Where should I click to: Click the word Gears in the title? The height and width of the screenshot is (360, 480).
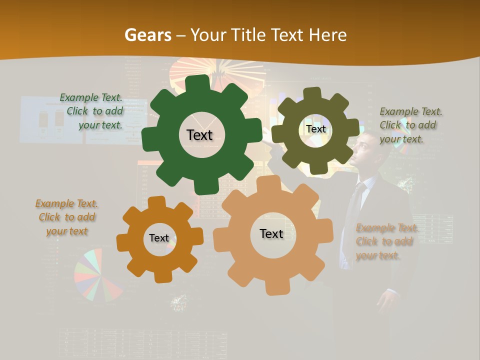click(x=147, y=35)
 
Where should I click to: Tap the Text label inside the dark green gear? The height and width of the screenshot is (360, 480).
click(x=200, y=135)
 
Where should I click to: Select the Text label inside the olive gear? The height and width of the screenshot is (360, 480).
click(x=315, y=129)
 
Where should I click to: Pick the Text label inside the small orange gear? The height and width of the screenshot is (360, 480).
click(x=159, y=238)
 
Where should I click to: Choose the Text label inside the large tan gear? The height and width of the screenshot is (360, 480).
click(x=271, y=233)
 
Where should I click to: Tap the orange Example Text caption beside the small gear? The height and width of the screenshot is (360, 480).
click(x=66, y=217)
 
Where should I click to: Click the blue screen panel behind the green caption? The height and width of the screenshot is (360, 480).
click(x=50, y=120)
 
